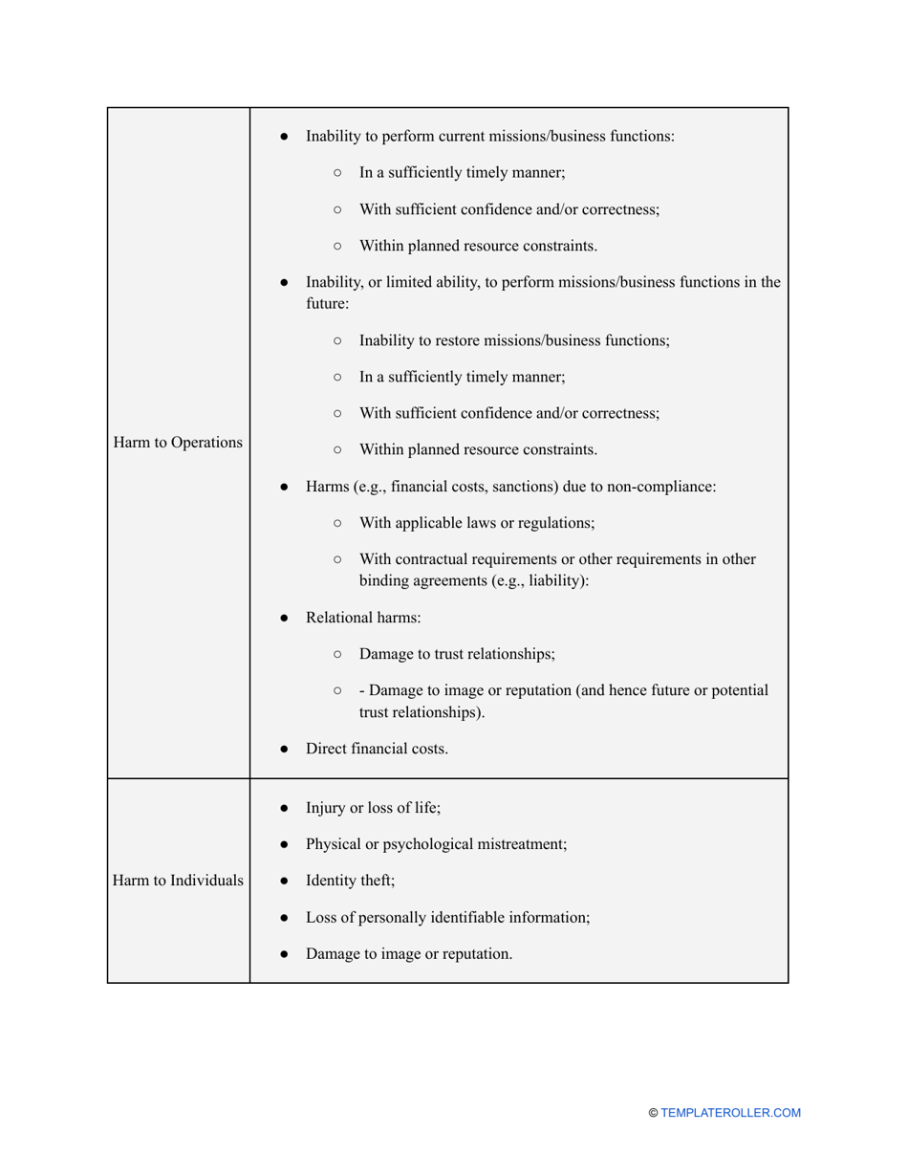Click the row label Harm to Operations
(177, 443)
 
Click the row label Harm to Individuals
(177, 881)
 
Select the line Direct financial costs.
(377, 749)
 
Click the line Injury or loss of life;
(373, 808)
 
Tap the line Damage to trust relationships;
(457, 654)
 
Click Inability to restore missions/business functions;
(513, 340)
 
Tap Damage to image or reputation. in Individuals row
(408, 953)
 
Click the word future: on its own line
(328, 304)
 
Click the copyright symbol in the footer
(653, 1113)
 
